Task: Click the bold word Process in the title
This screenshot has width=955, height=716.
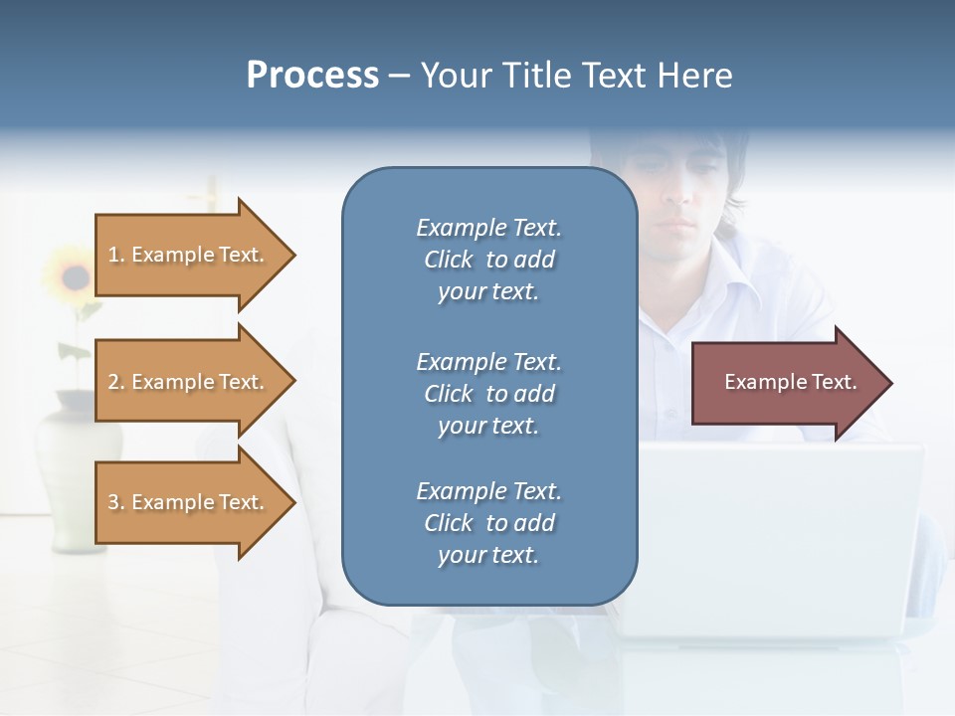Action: pyautogui.click(x=312, y=76)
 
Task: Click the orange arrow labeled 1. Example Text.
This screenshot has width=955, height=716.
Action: pyautogui.click(x=189, y=255)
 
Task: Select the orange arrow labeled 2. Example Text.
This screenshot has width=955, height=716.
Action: pyautogui.click(x=189, y=382)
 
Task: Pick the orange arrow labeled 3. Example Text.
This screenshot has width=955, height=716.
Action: pyautogui.click(x=189, y=502)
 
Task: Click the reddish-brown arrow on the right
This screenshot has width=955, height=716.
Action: pyautogui.click(x=786, y=383)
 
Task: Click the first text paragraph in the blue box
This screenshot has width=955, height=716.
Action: pyautogui.click(x=488, y=260)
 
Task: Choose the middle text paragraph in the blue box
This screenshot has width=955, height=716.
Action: pyautogui.click(x=488, y=394)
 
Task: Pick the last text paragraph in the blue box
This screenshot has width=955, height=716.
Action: pyautogui.click(x=488, y=523)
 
